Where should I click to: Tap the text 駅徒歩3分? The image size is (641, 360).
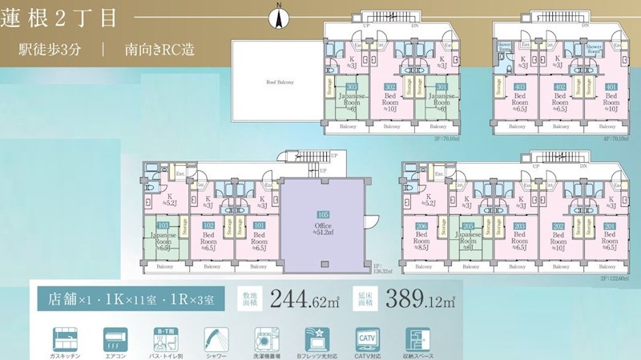point(50,49)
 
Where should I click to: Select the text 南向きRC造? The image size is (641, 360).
point(159,49)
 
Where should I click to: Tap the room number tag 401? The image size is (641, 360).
point(611,87)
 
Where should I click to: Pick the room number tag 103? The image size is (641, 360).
point(163,226)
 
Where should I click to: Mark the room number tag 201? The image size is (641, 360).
point(611,226)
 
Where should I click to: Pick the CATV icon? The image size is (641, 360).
point(366,337)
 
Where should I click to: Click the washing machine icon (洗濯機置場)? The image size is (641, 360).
point(267,337)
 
